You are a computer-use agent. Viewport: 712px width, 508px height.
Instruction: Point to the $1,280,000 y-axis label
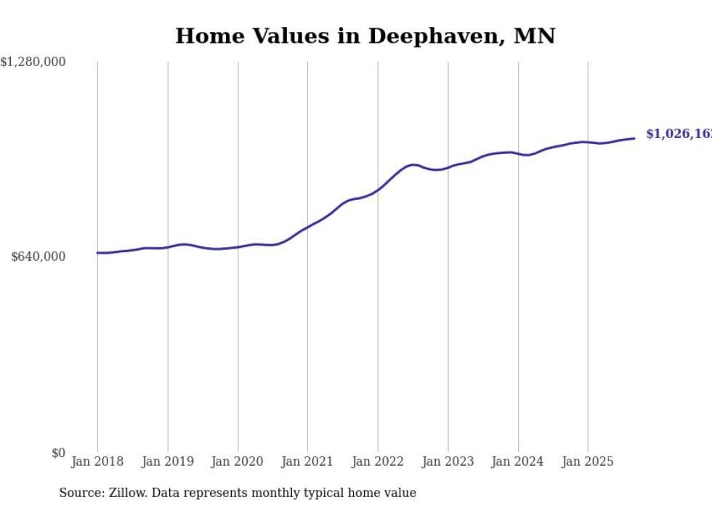point(33,63)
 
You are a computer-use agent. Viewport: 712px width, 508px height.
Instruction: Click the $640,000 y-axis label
point(39,257)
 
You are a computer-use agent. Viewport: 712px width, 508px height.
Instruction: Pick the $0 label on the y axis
point(58,453)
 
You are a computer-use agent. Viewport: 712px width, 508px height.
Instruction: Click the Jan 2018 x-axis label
point(97,461)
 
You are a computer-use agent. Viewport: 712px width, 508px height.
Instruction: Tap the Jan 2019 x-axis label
point(168,461)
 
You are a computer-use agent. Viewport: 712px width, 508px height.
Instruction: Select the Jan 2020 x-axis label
point(238,461)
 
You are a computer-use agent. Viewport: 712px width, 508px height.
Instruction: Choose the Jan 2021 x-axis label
point(307,461)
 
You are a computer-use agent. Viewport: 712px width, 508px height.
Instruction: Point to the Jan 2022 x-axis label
point(378,461)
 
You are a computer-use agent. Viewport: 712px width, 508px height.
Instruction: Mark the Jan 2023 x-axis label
point(448,461)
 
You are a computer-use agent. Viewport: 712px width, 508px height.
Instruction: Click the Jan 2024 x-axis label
point(518,461)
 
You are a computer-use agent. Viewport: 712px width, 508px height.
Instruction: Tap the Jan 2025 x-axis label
point(588,461)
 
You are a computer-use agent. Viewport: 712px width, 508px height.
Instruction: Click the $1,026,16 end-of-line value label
point(679,134)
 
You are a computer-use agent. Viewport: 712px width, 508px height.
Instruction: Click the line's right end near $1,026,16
point(635,138)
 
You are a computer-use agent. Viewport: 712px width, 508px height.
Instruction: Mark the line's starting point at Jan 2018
point(97,253)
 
